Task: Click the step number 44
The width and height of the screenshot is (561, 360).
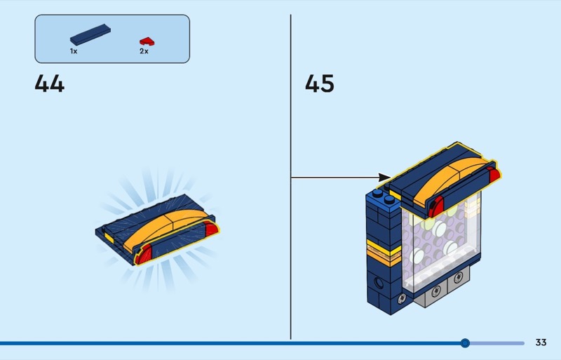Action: pyautogui.click(x=49, y=84)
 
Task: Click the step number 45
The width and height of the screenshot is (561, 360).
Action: pyautogui.click(x=319, y=84)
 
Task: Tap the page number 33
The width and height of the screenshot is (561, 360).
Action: pyautogui.click(x=541, y=342)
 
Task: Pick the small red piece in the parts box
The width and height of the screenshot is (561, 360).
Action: pyautogui.click(x=145, y=41)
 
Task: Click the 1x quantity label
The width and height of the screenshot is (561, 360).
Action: pyautogui.click(x=74, y=51)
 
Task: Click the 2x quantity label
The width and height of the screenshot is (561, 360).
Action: pyautogui.click(x=144, y=51)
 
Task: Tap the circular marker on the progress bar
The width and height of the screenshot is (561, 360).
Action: pyautogui.click(x=465, y=343)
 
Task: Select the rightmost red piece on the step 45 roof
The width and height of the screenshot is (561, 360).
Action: pyautogui.click(x=494, y=175)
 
